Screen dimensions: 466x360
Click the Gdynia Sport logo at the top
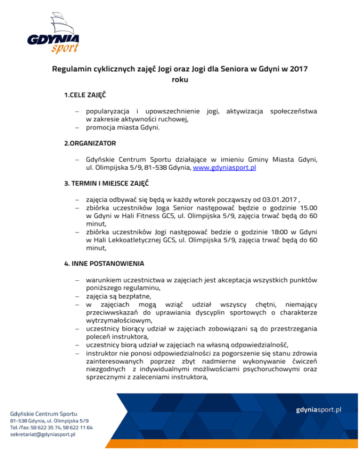(x=53, y=32)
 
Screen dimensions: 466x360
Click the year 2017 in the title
(x=299, y=69)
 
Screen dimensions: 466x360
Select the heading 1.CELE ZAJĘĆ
(x=85, y=95)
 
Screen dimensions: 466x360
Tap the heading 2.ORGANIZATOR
(x=90, y=142)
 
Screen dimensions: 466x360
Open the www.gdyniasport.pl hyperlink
(x=227, y=168)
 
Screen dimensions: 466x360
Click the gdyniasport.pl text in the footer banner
(x=318, y=409)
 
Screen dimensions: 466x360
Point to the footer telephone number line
(x=51, y=428)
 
